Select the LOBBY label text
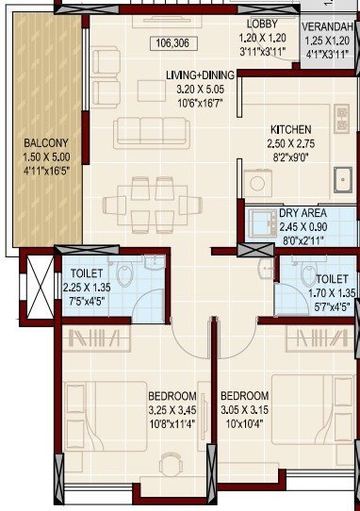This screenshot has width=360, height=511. pyautogui.click(x=260, y=23)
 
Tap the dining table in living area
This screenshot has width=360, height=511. pyautogui.click(x=139, y=205)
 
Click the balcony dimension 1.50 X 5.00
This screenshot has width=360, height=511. pyautogui.click(x=42, y=158)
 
